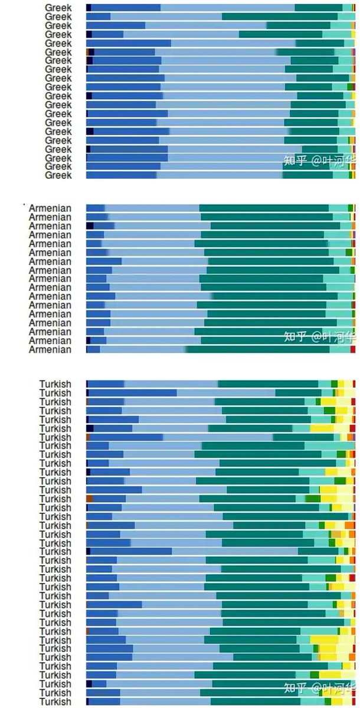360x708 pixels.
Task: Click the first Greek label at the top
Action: (x=58, y=8)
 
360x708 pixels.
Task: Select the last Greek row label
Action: (x=58, y=175)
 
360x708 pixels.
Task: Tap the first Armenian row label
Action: (x=50, y=208)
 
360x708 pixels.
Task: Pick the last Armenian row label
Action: (x=50, y=349)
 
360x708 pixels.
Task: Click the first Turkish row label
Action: (x=55, y=384)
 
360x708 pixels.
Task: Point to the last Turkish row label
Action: (x=55, y=702)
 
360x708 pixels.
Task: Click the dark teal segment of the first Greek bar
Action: (x=319, y=8)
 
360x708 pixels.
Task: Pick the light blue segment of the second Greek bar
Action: (x=166, y=17)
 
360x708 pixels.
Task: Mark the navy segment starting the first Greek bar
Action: (x=89, y=8)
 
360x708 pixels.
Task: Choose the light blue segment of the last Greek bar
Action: (x=220, y=175)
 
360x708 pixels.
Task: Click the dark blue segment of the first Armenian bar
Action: (x=96, y=208)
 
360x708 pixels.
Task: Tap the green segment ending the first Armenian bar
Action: (x=350, y=208)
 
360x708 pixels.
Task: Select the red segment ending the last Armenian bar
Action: (x=353, y=349)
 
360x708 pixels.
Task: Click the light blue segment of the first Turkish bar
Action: (x=171, y=384)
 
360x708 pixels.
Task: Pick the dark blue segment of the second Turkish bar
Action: (x=132, y=393)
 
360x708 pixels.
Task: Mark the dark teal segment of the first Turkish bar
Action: (x=268, y=384)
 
